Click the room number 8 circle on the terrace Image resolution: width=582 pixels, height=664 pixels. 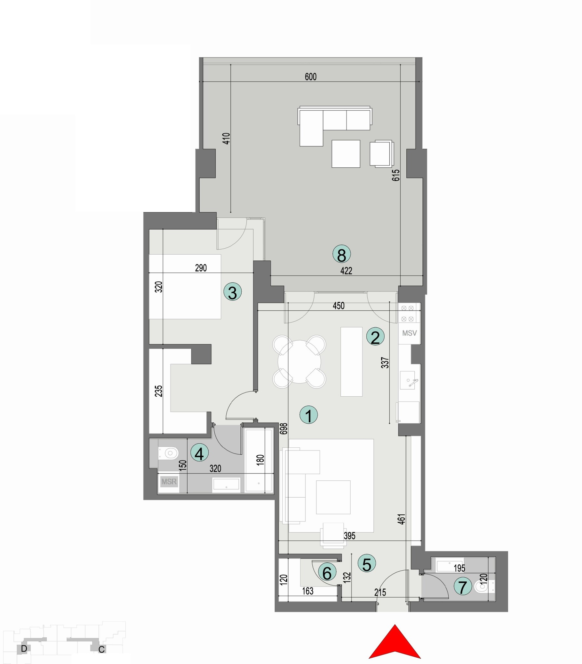point(341,254)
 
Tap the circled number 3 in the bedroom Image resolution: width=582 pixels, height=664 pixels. point(232,292)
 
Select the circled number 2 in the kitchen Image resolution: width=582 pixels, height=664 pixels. point(375,337)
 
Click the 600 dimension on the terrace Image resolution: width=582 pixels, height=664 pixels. point(311,77)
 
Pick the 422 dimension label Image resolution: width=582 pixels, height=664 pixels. point(346,271)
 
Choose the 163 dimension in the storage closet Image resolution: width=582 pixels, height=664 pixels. point(308,591)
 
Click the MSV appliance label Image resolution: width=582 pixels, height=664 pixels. point(409,333)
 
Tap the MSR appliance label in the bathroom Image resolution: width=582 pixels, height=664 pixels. point(169,482)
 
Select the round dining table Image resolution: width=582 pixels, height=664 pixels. point(299,362)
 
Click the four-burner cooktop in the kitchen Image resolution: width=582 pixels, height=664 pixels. point(407,313)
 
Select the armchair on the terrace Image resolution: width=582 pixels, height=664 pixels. point(381,154)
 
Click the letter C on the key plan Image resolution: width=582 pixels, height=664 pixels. point(101,649)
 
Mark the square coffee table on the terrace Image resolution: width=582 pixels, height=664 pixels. point(345,154)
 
